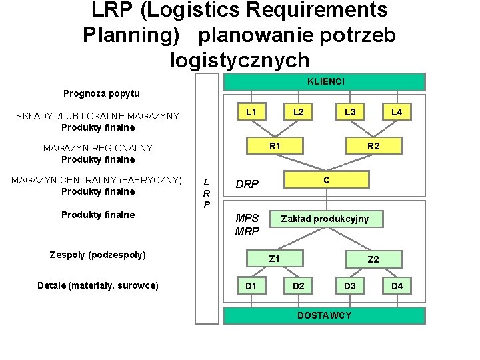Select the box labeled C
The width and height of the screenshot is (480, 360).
tap(326, 180)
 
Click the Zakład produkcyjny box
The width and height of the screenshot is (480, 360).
tap(325, 219)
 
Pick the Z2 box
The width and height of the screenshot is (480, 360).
tap(373, 259)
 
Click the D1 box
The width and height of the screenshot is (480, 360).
tap(251, 287)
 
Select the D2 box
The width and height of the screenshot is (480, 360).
tap(299, 287)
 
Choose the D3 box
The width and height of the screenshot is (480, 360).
tap(350, 287)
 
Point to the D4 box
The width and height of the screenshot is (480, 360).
tap(397, 287)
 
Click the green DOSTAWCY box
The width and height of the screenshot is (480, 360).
tap(324, 315)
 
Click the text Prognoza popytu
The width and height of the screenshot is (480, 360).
tap(101, 93)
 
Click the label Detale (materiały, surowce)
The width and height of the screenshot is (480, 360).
tap(98, 285)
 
